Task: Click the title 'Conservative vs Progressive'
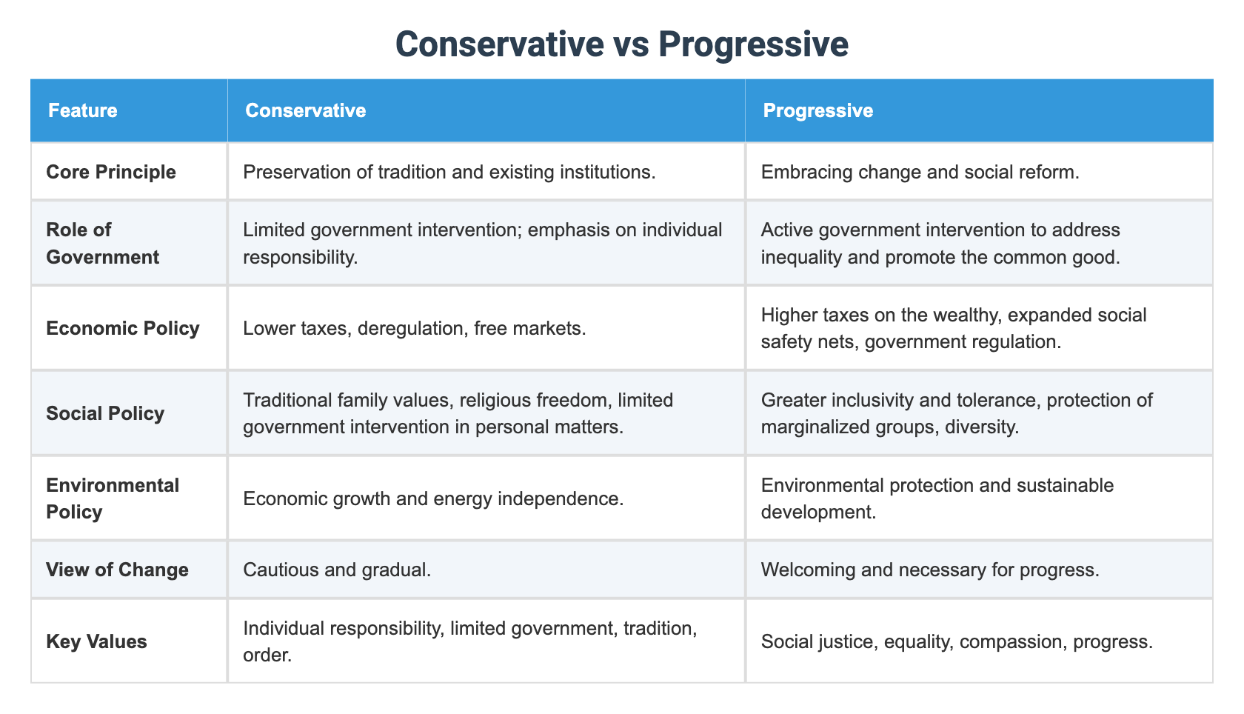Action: point(621,44)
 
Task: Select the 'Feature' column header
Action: point(82,110)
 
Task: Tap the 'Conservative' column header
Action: point(305,110)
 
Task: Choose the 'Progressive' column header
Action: point(817,110)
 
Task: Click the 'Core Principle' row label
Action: point(111,172)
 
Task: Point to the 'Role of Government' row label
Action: point(102,243)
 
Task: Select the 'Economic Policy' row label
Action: point(122,328)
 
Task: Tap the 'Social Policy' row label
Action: point(105,413)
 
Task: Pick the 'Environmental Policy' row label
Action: point(113,498)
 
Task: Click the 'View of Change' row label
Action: point(117,570)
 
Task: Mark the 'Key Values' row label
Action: point(96,641)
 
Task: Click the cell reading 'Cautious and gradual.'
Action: point(337,570)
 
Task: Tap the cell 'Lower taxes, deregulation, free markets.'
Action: point(414,328)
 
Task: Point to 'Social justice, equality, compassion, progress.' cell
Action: point(957,641)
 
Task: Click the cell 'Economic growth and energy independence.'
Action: point(433,498)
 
